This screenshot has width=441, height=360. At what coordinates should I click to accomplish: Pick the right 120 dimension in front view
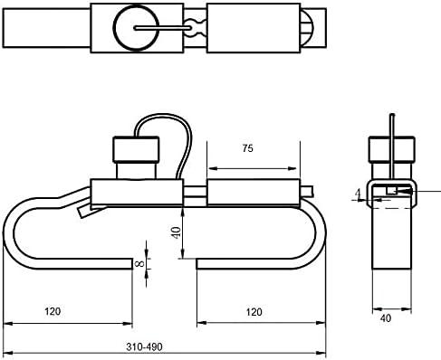(x=254, y=312)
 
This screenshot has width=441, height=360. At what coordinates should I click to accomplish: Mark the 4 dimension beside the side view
(x=358, y=193)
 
